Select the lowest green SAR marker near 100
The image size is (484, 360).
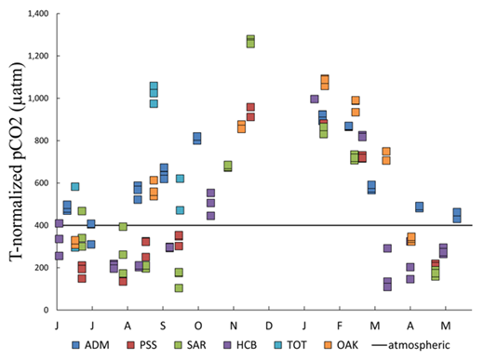tap(179, 287)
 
